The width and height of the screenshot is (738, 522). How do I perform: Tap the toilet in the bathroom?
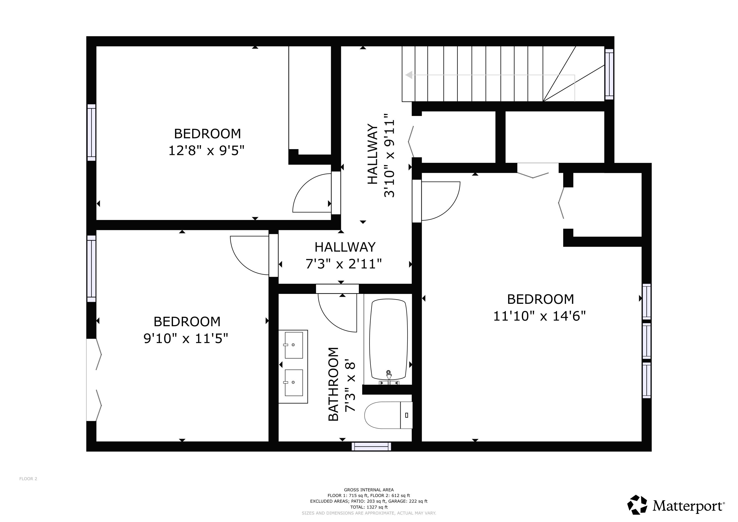tap(388, 415)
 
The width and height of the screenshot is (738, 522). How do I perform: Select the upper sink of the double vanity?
tap(294, 345)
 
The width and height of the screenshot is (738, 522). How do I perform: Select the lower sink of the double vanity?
tap(294, 383)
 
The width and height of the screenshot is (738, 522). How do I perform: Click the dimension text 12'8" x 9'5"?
tap(206, 150)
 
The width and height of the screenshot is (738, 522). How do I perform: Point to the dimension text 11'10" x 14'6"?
tap(539, 316)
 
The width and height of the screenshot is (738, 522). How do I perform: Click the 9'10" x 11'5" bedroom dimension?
tap(186, 338)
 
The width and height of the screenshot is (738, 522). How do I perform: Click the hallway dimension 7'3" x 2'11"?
tap(344, 264)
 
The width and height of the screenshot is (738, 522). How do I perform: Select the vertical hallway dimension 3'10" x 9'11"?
tap(389, 155)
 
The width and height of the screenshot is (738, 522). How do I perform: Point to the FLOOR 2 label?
tap(28, 479)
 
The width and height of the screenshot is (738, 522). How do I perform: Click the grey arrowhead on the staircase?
tap(409, 75)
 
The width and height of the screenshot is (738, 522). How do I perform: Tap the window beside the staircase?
tap(609, 74)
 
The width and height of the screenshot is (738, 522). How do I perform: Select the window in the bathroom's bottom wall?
tap(371, 447)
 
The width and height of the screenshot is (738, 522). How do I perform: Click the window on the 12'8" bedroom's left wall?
tap(91, 133)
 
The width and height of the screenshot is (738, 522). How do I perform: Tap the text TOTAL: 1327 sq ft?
tap(369, 507)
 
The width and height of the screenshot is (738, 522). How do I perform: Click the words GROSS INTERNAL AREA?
tap(369, 490)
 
